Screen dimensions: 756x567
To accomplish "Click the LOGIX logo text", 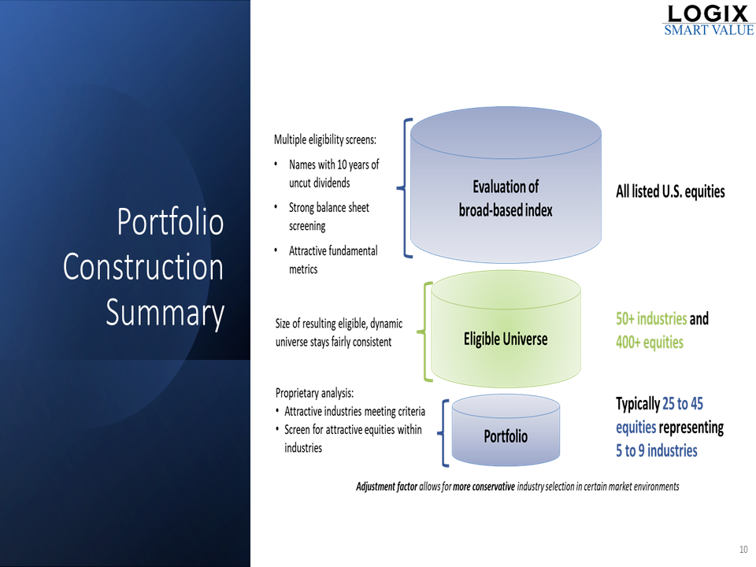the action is click(707, 13).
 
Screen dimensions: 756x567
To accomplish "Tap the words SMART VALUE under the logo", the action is click(709, 30).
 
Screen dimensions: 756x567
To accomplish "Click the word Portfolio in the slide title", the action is click(170, 223).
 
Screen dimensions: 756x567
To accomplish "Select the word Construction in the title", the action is click(143, 267).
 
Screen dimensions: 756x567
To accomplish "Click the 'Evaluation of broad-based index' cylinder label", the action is click(506, 198).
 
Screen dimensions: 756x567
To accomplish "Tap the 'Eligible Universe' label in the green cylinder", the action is click(506, 339).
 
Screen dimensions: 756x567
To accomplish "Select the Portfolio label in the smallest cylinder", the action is click(506, 436).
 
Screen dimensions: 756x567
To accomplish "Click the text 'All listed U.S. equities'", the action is click(670, 191).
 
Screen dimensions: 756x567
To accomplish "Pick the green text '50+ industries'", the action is click(651, 319).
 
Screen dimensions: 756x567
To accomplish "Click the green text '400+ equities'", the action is click(650, 343).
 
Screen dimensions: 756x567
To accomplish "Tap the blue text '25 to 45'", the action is click(683, 403).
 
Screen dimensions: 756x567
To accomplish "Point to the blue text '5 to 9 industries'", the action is click(657, 450).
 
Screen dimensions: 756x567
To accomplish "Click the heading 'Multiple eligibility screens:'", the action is click(325, 140).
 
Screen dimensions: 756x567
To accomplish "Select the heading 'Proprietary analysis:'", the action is click(314, 393).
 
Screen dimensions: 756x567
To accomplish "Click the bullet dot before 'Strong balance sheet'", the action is click(276, 207).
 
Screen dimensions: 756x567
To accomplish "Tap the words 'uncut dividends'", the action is click(320, 183).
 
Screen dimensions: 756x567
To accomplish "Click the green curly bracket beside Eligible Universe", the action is click(424, 332).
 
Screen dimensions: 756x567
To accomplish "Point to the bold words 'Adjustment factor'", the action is click(387, 487).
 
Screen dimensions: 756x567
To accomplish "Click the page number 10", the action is click(743, 549).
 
